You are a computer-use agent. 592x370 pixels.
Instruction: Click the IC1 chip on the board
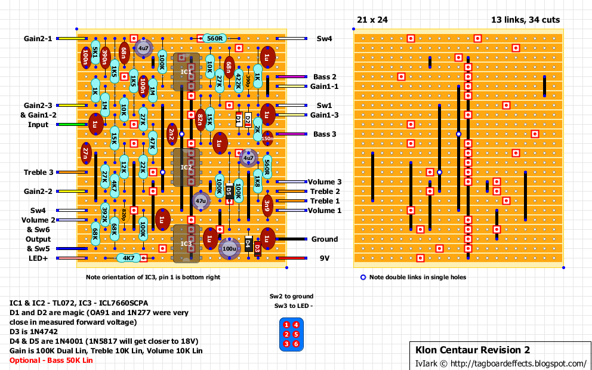186,72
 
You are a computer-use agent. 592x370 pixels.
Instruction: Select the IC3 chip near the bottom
186,243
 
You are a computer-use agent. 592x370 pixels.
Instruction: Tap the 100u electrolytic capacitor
229,248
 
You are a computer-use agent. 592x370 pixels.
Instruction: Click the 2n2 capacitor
172,134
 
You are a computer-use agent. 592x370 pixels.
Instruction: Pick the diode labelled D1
239,120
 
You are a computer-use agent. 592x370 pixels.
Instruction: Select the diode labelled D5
229,191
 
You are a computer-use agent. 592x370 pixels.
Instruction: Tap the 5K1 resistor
95,53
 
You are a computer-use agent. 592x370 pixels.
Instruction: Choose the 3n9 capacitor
267,205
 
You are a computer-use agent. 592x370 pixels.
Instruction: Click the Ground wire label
324,239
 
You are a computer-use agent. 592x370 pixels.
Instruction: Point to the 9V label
324,258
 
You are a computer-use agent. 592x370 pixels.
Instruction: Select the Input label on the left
38,125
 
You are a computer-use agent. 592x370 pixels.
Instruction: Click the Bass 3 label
325,134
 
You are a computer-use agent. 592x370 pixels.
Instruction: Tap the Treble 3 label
39,172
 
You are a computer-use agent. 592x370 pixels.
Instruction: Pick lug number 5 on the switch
287,334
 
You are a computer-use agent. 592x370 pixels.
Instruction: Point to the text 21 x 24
372,20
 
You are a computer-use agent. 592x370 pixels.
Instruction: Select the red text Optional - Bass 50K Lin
51,360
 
